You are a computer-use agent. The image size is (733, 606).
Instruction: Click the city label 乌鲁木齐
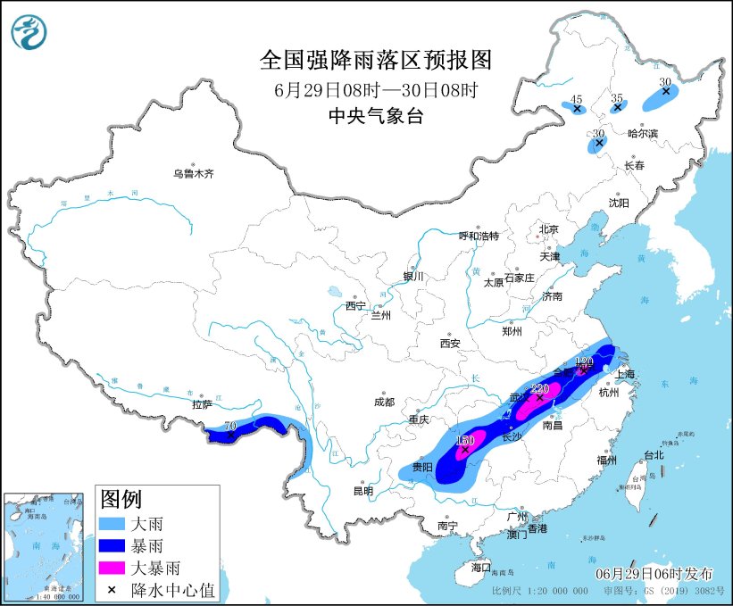(x=194, y=174)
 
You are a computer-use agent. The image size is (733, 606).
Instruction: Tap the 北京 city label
(x=548, y=229)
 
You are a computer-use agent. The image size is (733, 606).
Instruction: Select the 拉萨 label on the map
(x=202, y=404)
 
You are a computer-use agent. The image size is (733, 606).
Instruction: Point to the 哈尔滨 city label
(x=642, y=133)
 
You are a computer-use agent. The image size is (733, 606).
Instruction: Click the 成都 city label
(x=385, y=402)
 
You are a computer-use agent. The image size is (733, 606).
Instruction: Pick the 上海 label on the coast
(x=623, y=374)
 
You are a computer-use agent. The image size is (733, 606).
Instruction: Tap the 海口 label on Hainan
(x=481, y=568)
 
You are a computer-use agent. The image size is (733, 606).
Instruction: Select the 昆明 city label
(x=363, y=490)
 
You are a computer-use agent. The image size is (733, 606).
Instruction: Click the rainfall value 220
(x=539, y=389)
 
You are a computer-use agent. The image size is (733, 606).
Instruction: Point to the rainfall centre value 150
(x=464, y=441)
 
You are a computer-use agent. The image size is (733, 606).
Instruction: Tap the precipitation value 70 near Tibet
(x=230, y=428)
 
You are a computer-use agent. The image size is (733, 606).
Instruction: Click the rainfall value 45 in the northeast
(x=577, y=99)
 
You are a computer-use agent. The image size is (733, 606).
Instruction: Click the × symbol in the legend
(x=113, y=589)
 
